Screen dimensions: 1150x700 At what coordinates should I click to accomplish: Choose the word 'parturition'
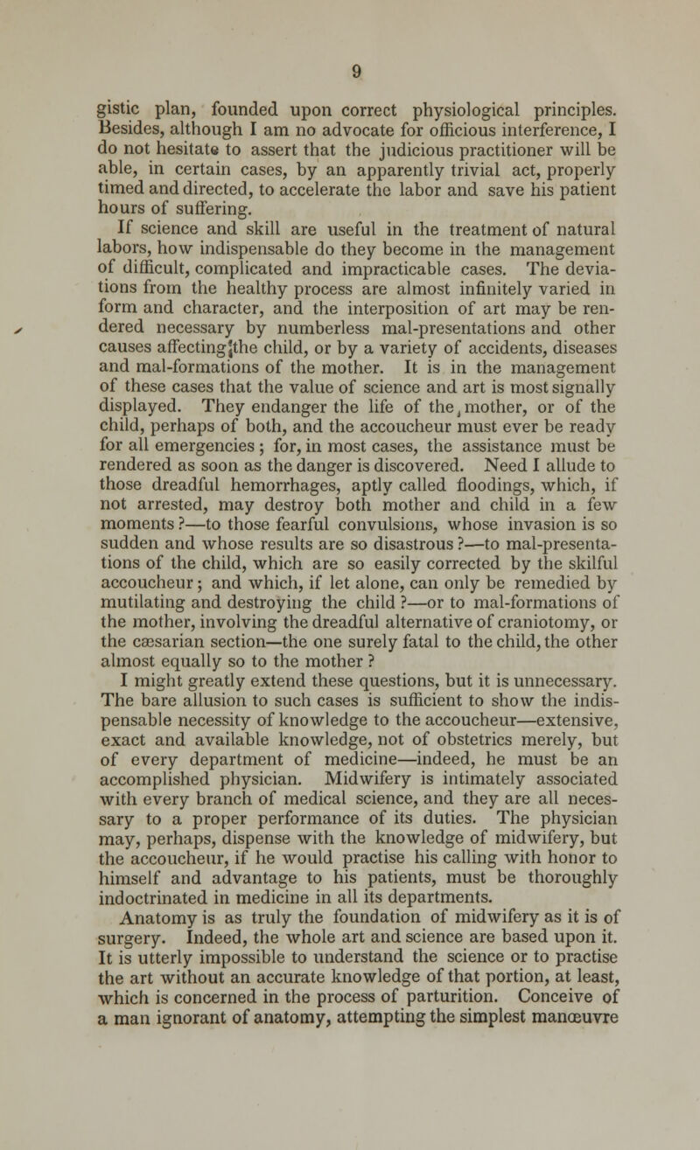coord(457,1105)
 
